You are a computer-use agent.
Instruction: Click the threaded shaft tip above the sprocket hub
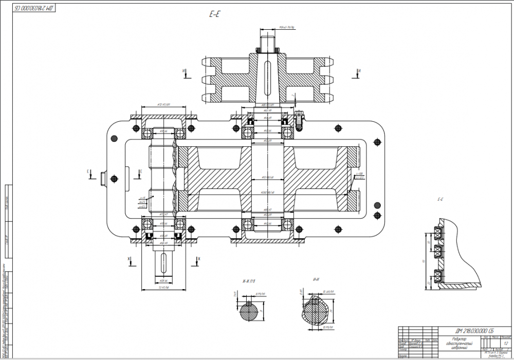click(x=268, y=39)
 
